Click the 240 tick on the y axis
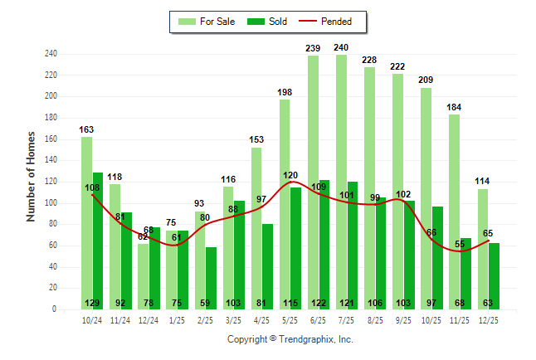click(x=51, y=54)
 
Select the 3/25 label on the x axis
click(x=233, y=320)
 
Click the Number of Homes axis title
click(x=31, y=176)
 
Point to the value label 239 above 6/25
click(x=313, y=48)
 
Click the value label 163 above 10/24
click(x=87, y=129)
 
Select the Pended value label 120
click(x=290, y=176)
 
